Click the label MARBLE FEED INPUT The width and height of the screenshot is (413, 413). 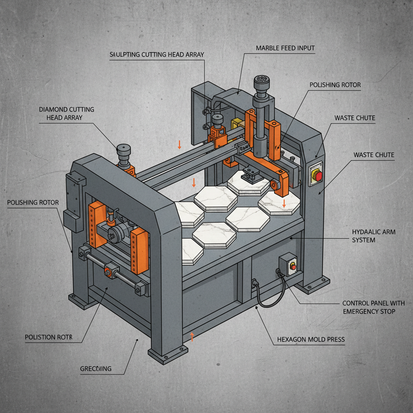285,48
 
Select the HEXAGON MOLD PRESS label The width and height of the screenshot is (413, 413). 311,340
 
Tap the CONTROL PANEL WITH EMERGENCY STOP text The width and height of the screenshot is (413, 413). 373,307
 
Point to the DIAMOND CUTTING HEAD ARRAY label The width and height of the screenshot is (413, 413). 67,113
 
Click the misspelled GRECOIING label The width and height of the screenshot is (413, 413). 96,369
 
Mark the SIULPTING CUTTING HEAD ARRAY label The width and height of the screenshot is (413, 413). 157,54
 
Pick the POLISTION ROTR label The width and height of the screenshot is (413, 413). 48,337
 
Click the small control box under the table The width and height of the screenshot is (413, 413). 289,264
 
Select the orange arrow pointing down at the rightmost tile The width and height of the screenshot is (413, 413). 284,203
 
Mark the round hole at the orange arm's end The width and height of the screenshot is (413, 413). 275,185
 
